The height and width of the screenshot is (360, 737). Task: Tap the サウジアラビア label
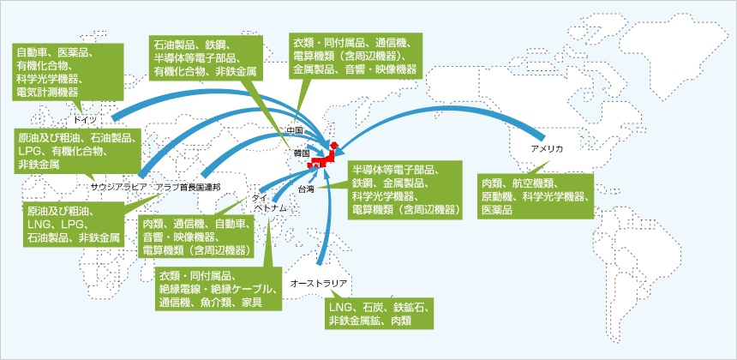click(119, 186)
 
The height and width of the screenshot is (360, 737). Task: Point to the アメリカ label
click(547, 148)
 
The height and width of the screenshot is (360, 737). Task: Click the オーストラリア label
click(319, 281)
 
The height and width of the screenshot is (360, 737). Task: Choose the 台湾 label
click(307, 187)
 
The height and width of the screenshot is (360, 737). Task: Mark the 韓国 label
click(300, 152)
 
